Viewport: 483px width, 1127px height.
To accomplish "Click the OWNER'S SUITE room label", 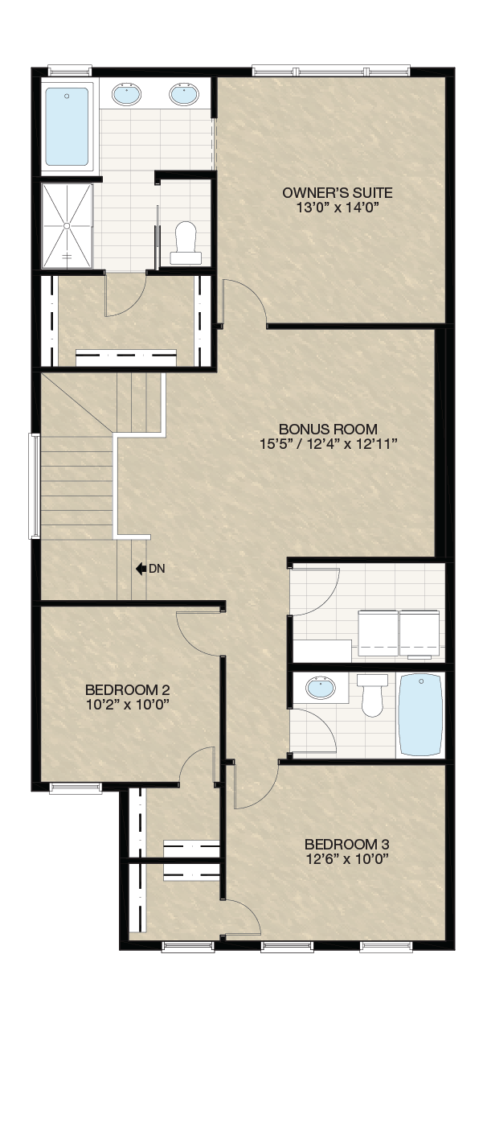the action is coord(337,192).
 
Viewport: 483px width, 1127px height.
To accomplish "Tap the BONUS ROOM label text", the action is coord(328,430).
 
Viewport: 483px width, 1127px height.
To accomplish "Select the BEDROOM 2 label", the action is coord(127,689).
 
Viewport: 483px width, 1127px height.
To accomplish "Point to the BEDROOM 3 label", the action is coord(347,844).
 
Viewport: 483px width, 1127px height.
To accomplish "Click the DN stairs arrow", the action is coord(141,569).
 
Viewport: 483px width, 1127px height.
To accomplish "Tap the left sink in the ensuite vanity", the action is coord(125,94).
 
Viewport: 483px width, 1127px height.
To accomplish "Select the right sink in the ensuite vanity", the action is coord(184,94).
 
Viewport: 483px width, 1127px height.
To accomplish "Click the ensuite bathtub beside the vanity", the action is coord(67,127).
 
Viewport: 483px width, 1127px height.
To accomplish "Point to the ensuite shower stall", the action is coord(67,226).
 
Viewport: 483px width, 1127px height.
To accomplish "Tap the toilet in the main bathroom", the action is coord(372,695).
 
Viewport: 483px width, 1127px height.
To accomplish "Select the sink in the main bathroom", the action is coord(321,687).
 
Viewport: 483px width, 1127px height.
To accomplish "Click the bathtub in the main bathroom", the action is coord(421,714).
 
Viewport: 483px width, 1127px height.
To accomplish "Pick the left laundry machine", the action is coord(378,633).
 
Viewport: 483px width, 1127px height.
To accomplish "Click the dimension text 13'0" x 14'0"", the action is coord(337,208).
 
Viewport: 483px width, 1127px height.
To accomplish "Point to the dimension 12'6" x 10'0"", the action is coord(347,858).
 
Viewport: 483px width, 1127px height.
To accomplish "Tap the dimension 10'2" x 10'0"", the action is coord(127,704).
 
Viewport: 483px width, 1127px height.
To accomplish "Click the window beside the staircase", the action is coord(35,486).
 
